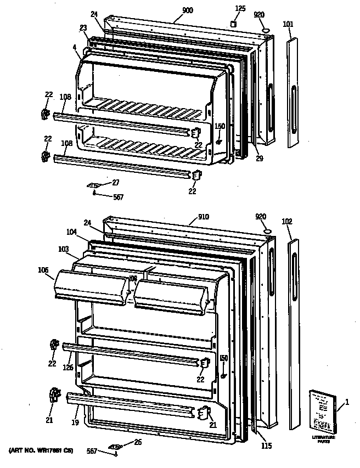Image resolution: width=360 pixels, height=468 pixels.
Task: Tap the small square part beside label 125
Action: click(x=234, y=24)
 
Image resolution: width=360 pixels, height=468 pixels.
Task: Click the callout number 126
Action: click(x=68, y=368)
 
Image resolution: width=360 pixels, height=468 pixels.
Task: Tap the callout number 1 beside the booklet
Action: click(x=346, y=404)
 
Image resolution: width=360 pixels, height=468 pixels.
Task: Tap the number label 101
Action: click(x=289, y=24)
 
